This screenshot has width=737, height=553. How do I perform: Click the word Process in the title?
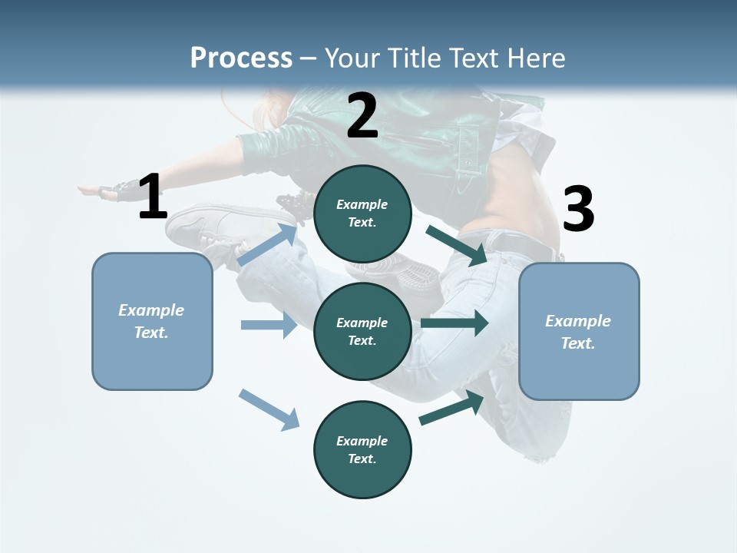point(241,58)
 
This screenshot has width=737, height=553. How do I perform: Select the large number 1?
point(153,197)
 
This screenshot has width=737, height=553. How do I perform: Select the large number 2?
point(362,117)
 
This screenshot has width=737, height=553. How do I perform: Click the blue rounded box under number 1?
point(152,321)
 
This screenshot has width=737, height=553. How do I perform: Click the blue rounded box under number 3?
point(579,332)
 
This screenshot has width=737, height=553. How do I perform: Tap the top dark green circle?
point(362,214)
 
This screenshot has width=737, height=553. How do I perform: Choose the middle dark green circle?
point(362,332)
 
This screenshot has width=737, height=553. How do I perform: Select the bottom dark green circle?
point(362,450)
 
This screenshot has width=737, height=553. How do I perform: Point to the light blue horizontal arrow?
point(269,325)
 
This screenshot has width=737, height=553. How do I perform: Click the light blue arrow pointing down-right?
point(269,409)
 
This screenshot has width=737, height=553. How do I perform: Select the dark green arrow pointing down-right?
point(456,246)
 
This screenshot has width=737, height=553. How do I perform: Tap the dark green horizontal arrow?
point(454,323)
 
